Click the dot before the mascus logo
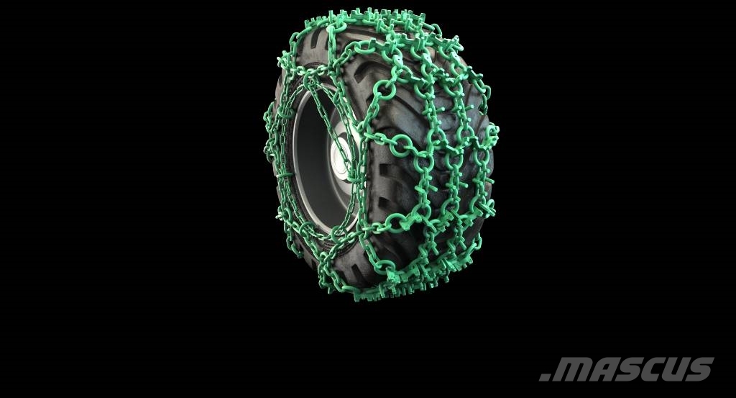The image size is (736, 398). coord(545,377)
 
